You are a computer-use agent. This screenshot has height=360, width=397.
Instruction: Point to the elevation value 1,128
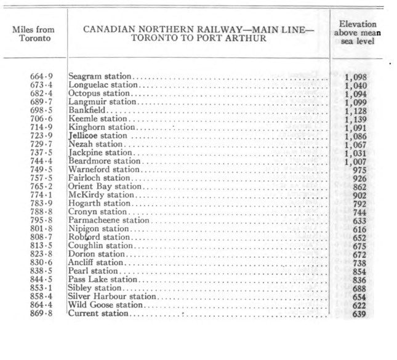tap(356, 110)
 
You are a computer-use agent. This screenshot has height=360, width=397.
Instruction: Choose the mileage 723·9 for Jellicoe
tap(41, 135)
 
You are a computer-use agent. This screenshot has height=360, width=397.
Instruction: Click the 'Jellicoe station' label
tap(98, 135)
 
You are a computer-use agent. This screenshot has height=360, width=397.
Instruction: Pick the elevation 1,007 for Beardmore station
tap(356, 161)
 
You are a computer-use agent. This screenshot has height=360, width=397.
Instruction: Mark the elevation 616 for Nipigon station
tap(358, 229)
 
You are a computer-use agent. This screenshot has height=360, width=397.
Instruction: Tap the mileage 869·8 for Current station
tap(41, 314)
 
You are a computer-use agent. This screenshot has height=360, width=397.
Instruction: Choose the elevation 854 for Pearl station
tap(358, 271)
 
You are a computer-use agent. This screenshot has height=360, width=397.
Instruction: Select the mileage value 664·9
tap(41, 76)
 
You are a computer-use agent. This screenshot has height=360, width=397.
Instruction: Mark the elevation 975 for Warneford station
tap(358, 170)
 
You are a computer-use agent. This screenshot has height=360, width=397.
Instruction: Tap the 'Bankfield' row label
tap(87, 110)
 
